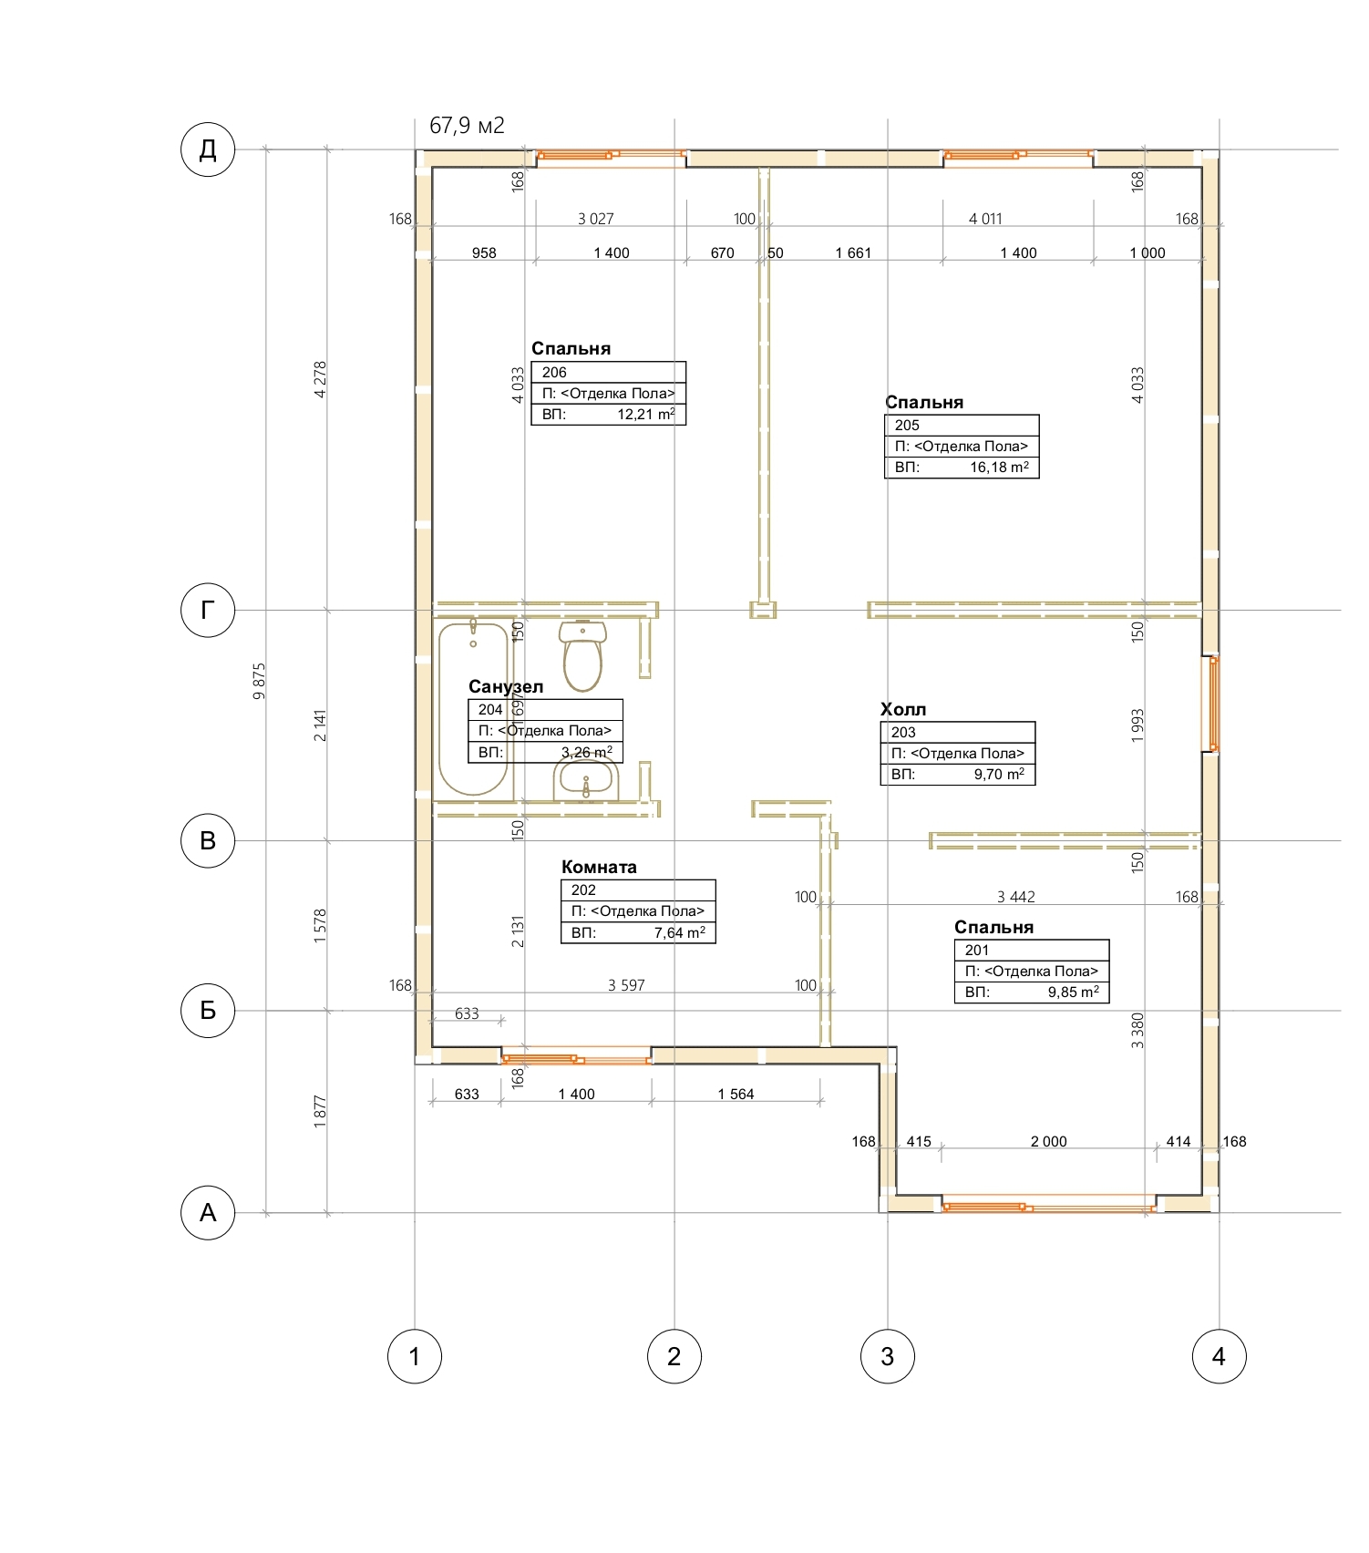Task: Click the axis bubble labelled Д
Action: pos(208,149)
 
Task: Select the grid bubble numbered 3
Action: pos(888,1356)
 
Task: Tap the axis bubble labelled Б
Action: pos(208,1010)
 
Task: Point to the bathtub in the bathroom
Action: pos(473,708)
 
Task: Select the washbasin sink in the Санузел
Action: pos(586,780)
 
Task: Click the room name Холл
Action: pos(903,709)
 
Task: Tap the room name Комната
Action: pos(599,867)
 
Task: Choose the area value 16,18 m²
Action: pos(999,468)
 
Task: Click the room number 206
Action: pos(554,372)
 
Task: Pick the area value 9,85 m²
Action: pos(1073,992)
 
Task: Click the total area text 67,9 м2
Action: pos(467,126)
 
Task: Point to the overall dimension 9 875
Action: pos(259,681)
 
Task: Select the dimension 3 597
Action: pos(626,985)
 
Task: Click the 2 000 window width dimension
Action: pos(1048,1141)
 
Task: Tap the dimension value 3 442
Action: pos(1015,897)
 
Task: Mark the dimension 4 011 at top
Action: pos(985,219)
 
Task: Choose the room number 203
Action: pos(903,732)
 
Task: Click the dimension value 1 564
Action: pos(736,1094)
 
